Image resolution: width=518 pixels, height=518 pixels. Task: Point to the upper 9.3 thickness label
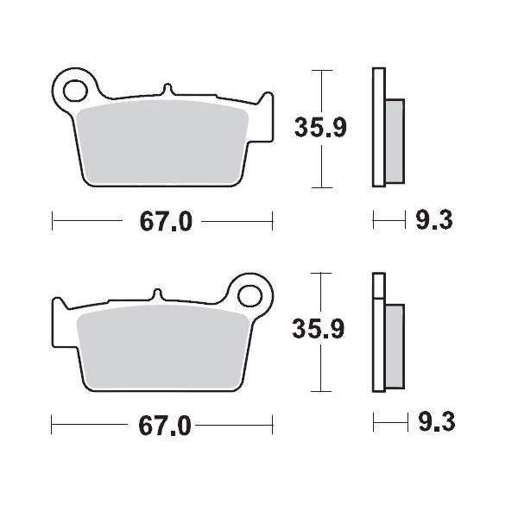click(x=434, y=221)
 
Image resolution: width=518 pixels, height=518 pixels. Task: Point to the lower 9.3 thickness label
click(x=434, y=424)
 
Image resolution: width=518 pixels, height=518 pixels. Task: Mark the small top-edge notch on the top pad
click(x=167, y=87)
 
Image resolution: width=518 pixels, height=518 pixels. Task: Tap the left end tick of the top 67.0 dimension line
click(x=53, y=221)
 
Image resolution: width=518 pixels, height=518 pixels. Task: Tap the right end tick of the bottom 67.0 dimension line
click(x=273, y=424)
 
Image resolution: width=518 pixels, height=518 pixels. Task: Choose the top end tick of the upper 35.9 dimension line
click(x=321, y=70)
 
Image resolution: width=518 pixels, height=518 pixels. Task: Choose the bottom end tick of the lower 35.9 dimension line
click(x=321, y=391)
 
